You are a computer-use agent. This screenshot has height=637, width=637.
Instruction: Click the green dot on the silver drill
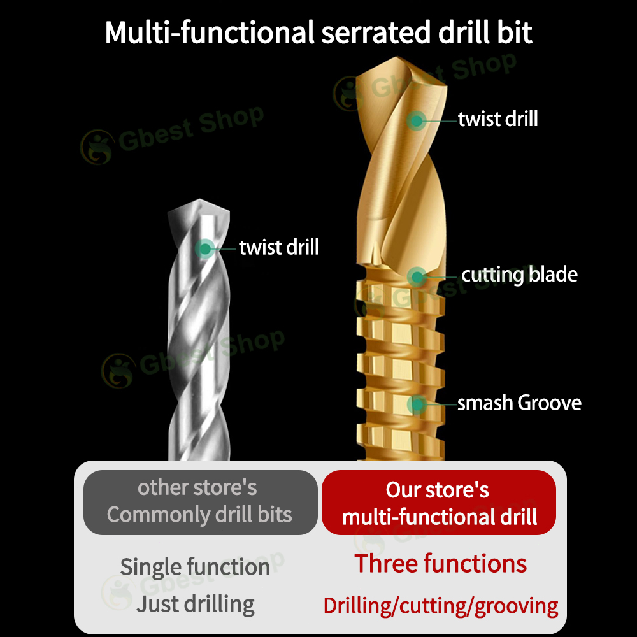pyautogui.click(x=205, y=248)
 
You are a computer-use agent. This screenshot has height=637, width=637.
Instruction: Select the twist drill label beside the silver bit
pyautogui.click(x=279, y=247)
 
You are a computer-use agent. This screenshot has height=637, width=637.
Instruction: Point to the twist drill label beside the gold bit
pyautogui.click(x=498, y=119)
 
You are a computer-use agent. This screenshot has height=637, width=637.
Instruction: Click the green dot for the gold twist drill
pyautogui.click(x=417, y=120)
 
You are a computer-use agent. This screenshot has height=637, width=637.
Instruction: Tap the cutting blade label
pyautogui.click(x=519, y=275)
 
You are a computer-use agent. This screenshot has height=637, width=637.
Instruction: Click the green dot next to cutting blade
pyautogui.click(x=417, y=276)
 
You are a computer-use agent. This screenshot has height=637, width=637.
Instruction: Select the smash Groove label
pyautogui.click(x=519, y=403)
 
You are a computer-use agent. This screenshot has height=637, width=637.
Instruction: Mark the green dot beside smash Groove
pyautogui.click(x=417, y=404)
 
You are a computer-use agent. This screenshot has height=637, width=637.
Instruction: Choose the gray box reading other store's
pyautogui.click(x=200, y=502)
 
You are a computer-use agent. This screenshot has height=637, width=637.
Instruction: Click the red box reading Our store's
pyautogui.click(x=439, y=502)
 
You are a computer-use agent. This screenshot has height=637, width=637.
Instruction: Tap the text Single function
pyautogui.click(x=195, y=567)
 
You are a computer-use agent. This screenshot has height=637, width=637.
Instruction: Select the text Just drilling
pyautogui.click(x=195, y=604)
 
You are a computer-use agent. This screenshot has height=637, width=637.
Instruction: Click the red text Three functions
pyautogui.click(x=441, y=564)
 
